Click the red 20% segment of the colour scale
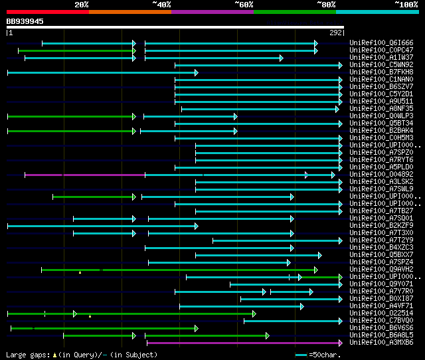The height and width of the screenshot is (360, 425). pos(47,12)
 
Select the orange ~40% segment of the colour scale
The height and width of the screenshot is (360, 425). pos(129,12)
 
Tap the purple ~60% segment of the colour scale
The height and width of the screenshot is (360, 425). pos(212,12)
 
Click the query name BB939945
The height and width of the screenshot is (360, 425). pos(25,21)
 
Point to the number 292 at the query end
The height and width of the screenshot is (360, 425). pos(336,32)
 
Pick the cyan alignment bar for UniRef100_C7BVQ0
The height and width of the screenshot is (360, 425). pos(292,321)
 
